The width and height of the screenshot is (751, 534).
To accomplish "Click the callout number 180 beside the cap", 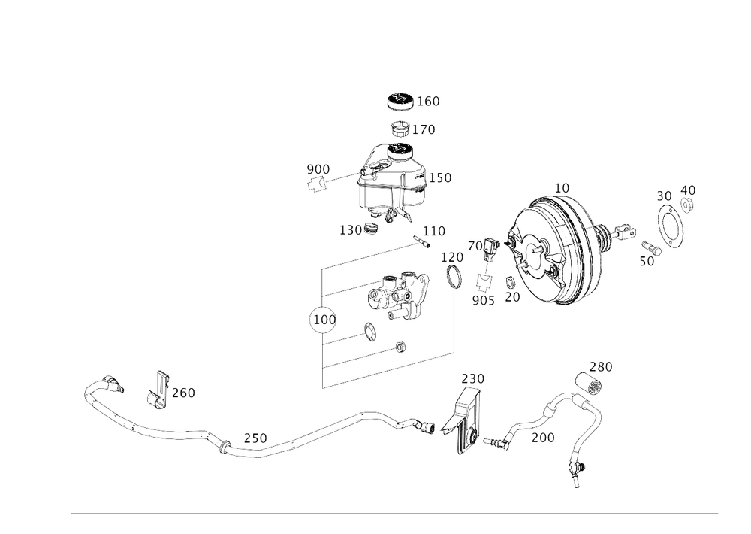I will click(x=430, y=100).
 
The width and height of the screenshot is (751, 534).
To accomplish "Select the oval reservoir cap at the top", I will click(x=400, y=100).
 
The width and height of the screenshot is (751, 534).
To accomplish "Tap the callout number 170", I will click(x=426, y=129).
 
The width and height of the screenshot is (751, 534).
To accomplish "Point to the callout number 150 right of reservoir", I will click(x=443, y=178).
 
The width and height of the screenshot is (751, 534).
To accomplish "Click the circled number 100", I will click(x=322, y=320).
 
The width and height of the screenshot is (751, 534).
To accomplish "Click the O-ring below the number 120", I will click(x=454, y=277).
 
